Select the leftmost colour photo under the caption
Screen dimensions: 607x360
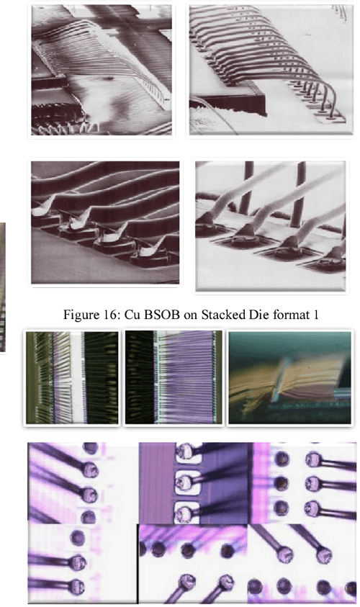pos(72,375)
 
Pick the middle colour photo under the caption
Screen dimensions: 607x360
pos(173,375)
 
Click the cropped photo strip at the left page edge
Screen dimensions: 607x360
pos(4,287)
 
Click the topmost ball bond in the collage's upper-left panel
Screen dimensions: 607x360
pos(91,448)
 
